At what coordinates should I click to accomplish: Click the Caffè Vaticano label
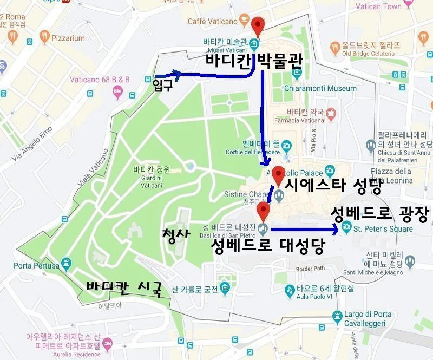(213, 22)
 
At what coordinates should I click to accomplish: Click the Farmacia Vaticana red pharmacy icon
(331, 114)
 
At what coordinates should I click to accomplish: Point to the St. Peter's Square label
(383, 229)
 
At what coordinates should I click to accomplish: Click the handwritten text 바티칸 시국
(124, 288)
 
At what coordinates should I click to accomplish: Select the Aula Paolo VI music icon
(290, 291)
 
